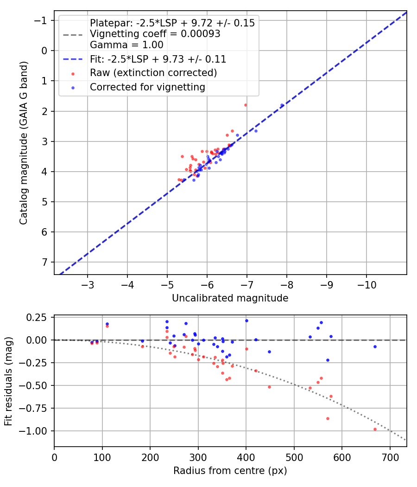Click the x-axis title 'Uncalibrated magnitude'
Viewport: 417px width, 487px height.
[x=230, y=298]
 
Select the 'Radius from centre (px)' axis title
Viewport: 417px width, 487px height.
[x=230, y=471]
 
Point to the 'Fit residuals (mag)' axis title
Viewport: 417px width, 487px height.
[x=9, y=381]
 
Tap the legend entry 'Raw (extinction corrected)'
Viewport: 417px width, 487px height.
[x=153, y=73]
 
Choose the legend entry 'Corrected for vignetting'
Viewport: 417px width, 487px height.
[x=147, y=87]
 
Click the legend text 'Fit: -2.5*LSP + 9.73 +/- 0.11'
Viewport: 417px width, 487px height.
[x=158, y=59]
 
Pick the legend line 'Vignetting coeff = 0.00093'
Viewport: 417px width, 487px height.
[x=155, y=34]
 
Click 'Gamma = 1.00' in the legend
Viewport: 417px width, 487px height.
[x=126, y=45]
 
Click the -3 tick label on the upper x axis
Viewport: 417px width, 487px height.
[x=88, y=283]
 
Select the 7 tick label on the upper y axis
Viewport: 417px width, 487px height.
[x=44, y=262]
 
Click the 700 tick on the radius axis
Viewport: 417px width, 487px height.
[x=390, y=457]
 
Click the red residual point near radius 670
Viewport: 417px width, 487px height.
[x=375, y=429]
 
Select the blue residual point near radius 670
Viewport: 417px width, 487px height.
[x=375, y=346]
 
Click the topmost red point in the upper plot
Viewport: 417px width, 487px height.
[x=246, y=105]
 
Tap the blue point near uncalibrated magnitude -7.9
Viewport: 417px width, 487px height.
[x=282, y=105]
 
